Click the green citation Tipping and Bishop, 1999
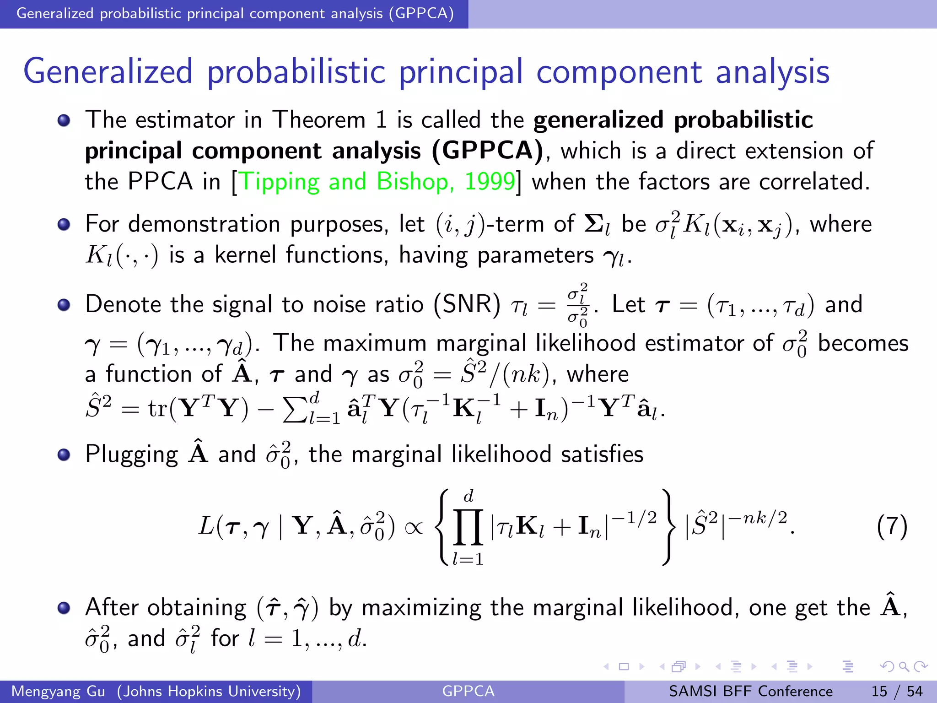point(377,182)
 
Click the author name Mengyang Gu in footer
point(58,691)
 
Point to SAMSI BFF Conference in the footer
point(750,691)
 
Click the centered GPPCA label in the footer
point(468,691)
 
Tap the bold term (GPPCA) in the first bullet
point(488,151)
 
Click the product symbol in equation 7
point(468,527)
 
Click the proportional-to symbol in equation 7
point(414,527)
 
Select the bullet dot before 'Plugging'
point(64,454)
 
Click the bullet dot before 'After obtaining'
point(64,608)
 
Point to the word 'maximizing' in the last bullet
point(421,608)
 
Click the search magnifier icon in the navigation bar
point(904,666)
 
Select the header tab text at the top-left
point(235,14)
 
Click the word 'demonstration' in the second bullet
point(204,224)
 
